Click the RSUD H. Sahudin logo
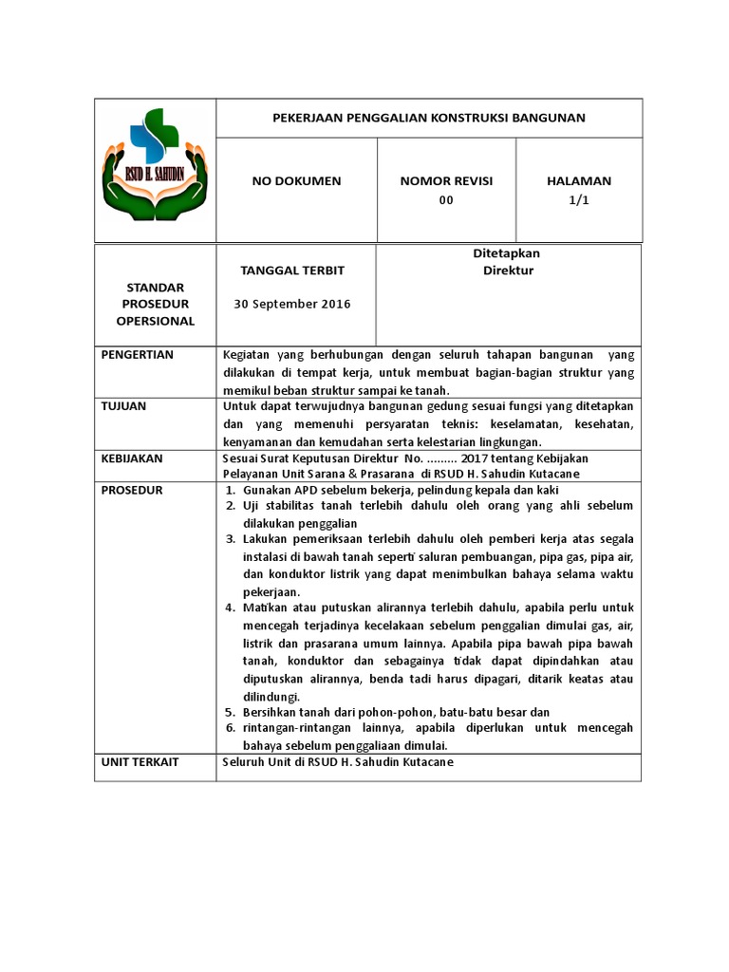click(155, 169)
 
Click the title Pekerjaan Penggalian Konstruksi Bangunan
click(429, 118)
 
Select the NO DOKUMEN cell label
click(296, 180)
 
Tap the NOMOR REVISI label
click(446, 180)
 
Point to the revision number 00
click(446, 200)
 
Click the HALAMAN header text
click(579, 180)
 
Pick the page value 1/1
click(579, 200)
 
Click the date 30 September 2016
click(292, 304)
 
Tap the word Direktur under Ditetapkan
click(507, 271)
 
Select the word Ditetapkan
click(507, 253)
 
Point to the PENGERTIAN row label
click(138, 355)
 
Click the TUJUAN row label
click(123, 406)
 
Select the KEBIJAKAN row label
click(132, 458)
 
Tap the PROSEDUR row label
click(132, 490)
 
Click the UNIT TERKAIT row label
click(140, 762)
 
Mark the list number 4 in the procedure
click(230, 607)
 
